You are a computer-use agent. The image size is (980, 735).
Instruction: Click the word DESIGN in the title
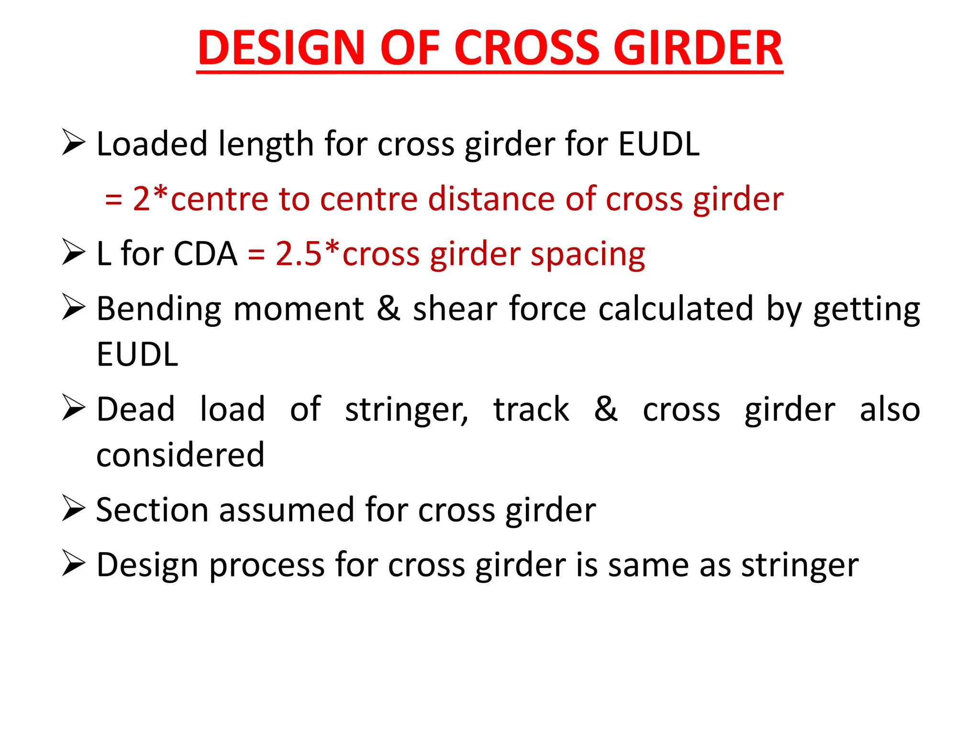(x=281, y=48)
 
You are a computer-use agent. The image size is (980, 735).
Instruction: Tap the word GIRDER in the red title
(x=698, y=48)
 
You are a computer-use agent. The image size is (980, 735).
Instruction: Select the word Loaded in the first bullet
(x=152, y=144)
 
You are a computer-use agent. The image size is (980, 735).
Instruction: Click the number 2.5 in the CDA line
(x=298, y=254)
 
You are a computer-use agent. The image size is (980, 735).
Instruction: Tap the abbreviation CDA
(x=205, y=254)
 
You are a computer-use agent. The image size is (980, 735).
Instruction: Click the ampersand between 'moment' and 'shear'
(x=388, y=309)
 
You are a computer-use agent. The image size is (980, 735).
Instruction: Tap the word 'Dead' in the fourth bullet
(x=136, y=410)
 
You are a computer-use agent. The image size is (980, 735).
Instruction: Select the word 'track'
(x=531, y=410)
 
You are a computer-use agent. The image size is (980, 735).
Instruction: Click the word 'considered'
(x=180, y=455)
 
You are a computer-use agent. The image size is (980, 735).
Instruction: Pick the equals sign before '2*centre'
(x=113, y=200)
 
